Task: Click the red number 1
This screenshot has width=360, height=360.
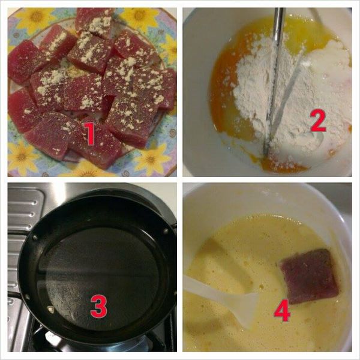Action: tap(90, 134)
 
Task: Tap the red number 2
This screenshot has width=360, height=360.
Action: tap(318, 121)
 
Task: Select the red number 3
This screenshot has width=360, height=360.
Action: tap(99, 306)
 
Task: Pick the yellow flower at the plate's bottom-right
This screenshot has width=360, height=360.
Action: tap(152, 158)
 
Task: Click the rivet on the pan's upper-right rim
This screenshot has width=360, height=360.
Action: tap(166, 231)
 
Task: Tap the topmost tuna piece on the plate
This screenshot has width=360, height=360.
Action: tap(94, 22)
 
